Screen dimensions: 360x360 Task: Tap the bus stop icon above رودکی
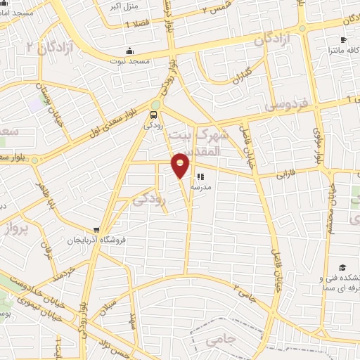coord(153,115)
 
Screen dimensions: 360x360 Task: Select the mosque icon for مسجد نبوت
coord(129,51)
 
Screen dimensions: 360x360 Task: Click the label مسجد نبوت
coord(128,61)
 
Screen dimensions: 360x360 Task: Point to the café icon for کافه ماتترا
coord(342,40)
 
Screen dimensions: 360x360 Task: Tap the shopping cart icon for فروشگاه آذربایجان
coord(96,230)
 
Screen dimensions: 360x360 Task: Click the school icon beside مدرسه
coord(200,176)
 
